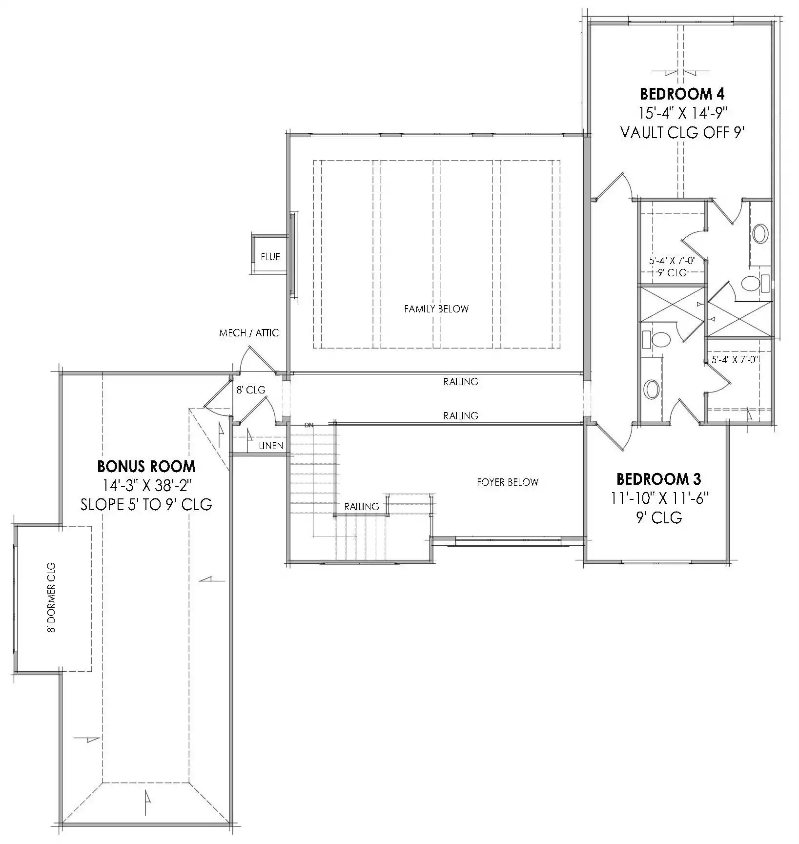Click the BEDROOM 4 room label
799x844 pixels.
tap(682, 93)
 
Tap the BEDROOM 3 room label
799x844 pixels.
tap(659, 479)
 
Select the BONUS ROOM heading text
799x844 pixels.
tap(146, 467)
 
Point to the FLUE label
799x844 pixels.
tap(270, 257)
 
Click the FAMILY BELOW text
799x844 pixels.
tap(436, 309)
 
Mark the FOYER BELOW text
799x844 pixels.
tap(508, 482)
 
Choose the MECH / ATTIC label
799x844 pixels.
tap(249, 333)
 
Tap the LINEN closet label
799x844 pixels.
tap(271, 446)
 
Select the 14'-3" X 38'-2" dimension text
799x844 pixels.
tap(146, 486)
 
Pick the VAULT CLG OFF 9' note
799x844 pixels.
tap(682, 132)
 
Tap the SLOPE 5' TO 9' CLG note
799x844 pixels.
tap(146, 505)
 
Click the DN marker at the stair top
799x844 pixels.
tap(308, 425)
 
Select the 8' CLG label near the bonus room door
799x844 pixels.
tap(251, 390)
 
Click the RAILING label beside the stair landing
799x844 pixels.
tap(362, 507)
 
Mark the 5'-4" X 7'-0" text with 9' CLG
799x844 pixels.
tap(672, 261)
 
